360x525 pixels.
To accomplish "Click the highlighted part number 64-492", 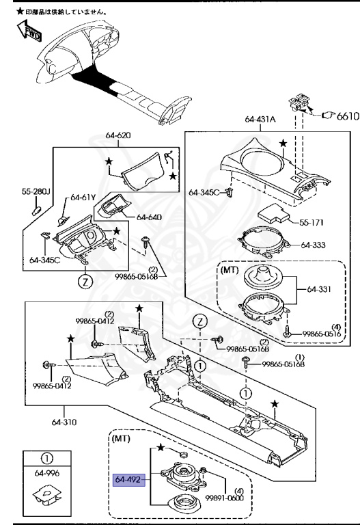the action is [129, 479].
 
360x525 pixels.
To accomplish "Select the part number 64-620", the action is [118, 135].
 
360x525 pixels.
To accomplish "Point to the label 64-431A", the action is [260, 119].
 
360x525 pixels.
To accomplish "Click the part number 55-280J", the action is [36, 191].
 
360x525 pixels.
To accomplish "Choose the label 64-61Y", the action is [83, 197].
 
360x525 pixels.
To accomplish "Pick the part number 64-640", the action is [149, 217].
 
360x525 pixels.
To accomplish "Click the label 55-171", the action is [311, 223].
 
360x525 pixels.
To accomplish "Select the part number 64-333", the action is [313, 245].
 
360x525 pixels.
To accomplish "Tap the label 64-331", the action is [319, 289].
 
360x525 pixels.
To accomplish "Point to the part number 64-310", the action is [64, 422].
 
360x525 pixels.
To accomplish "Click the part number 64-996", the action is [47, 473].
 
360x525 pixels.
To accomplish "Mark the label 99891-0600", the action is [224, 498].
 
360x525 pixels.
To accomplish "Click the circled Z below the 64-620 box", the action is [85, 282].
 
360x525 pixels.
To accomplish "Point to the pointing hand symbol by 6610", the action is [328, 116].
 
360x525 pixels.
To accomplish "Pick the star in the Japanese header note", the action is [20, 12].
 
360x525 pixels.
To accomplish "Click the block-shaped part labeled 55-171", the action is [273, 213].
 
